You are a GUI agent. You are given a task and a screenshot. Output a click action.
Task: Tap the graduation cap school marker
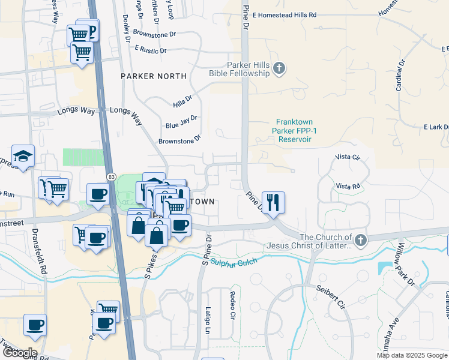click(23, 157)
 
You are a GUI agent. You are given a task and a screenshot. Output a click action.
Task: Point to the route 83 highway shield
click(112, 176)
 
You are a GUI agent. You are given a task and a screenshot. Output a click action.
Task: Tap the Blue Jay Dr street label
click(181, 122)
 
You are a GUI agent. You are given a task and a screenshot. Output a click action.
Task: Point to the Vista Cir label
click(348, 158)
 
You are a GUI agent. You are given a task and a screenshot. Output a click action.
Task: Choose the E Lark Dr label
click(436, 127)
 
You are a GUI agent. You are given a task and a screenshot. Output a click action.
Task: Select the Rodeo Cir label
click(232, 305)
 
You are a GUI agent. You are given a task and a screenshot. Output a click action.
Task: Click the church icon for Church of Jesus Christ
click(360, 241)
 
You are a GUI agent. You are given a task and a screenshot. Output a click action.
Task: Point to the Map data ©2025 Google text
click(412, 355)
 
